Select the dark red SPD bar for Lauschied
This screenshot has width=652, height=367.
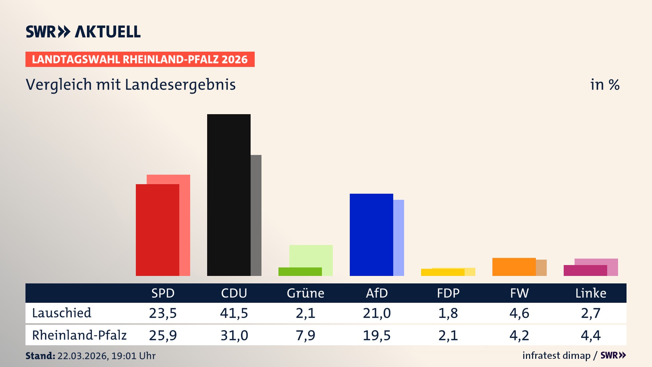coord(157,230)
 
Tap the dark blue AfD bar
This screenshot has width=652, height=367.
coord(371,234)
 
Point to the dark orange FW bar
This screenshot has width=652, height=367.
coord(514,267)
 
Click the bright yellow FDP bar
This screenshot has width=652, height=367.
coord(442,272)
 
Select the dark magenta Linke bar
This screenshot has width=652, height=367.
coord(585,270)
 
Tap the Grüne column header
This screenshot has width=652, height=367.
coord(305,293)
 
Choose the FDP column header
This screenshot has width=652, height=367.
coord(448,293)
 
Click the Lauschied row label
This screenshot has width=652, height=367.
coord(61,313)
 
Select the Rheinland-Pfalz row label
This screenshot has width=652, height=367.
coord(79,335)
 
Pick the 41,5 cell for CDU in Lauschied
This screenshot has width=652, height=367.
coord(234,313)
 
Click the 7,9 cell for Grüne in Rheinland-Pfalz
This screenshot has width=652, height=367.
coord(305,335)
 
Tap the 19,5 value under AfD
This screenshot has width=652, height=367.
coord(377,335)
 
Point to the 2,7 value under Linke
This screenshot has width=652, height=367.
coord(591,313)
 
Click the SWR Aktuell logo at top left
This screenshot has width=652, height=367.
coord(83,32)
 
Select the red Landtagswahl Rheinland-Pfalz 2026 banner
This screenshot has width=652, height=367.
coord(140,59)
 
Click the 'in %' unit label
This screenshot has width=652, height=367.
coord(604,85)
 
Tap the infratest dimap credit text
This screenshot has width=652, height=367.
coord(556,355)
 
